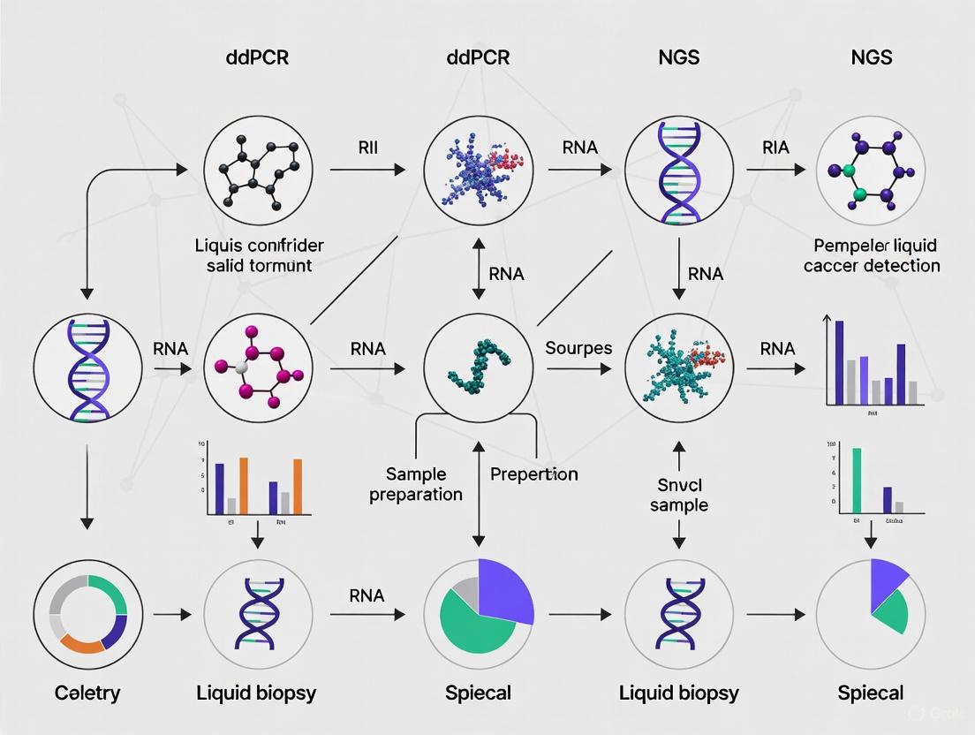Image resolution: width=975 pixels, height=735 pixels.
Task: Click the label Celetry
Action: [x=87, y=693]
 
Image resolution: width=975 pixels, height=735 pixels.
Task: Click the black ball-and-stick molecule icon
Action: [x=257, y=169]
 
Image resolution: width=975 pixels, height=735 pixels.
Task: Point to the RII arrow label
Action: [x=367, y=148]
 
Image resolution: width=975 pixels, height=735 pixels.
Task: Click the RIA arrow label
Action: [x=775, y=148]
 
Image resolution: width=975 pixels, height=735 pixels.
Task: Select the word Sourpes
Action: [x=578, y=348]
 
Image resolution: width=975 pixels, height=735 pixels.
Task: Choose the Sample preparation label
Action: [x=416, y=484]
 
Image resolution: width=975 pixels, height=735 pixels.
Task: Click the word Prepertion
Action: [x=533, y=474]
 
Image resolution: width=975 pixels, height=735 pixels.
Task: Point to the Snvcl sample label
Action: [x=679, y=494]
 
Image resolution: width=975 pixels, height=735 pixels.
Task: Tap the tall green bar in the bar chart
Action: [x=855, y=480]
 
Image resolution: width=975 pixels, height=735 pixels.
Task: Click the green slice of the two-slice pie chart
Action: [x=891, y=611]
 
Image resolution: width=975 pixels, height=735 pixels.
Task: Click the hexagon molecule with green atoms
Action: [x=869, y=169]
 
